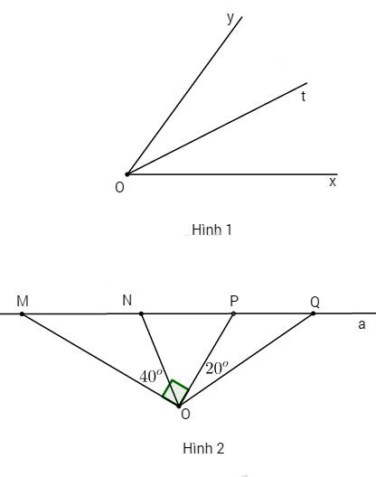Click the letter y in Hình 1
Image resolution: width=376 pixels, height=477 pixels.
(230, 18)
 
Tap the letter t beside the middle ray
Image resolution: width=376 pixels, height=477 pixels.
(303, 96)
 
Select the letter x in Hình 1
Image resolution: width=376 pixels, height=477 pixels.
(333, 182)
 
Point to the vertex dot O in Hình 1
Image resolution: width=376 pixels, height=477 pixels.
(127, 174)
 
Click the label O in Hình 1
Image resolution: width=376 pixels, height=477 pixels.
(119, 188)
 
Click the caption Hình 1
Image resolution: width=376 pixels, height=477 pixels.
(211, 229)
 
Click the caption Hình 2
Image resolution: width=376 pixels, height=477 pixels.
(203, 448)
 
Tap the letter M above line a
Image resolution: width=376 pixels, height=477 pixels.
(23, 301)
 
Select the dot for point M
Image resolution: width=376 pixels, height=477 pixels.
(22, 313)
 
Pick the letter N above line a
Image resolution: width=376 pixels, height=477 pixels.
(127, 300)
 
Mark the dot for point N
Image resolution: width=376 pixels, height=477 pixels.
(141, 313)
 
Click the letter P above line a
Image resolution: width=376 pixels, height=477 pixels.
(234, 301)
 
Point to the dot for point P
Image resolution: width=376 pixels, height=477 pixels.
(233, 313)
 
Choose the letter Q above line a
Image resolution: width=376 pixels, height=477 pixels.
(315, 302)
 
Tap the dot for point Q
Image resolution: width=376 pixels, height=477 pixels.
(314, 313)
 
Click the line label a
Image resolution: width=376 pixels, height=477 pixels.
(362, 324)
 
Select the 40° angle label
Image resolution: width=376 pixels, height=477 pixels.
(151, 376)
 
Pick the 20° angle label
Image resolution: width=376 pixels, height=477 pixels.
(217, 368)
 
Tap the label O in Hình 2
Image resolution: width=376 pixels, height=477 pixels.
(185, 414)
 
